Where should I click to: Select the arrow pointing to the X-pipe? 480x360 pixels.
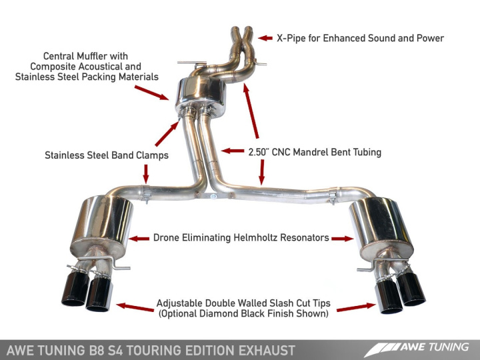[x=265, y=38]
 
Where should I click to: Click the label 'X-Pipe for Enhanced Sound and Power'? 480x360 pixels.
[x=360, y=38]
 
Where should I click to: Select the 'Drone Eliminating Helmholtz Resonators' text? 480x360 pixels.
[x=241, y=237]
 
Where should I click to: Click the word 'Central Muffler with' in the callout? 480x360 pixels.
[x=85, y=56]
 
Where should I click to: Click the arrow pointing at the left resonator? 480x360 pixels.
[x=139, y=238]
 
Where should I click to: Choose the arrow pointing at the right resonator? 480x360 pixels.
[x=341, y=238]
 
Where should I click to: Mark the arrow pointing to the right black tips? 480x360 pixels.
[x=357, y=307]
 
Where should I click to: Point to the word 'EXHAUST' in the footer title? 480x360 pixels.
[x=263, y=349]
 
